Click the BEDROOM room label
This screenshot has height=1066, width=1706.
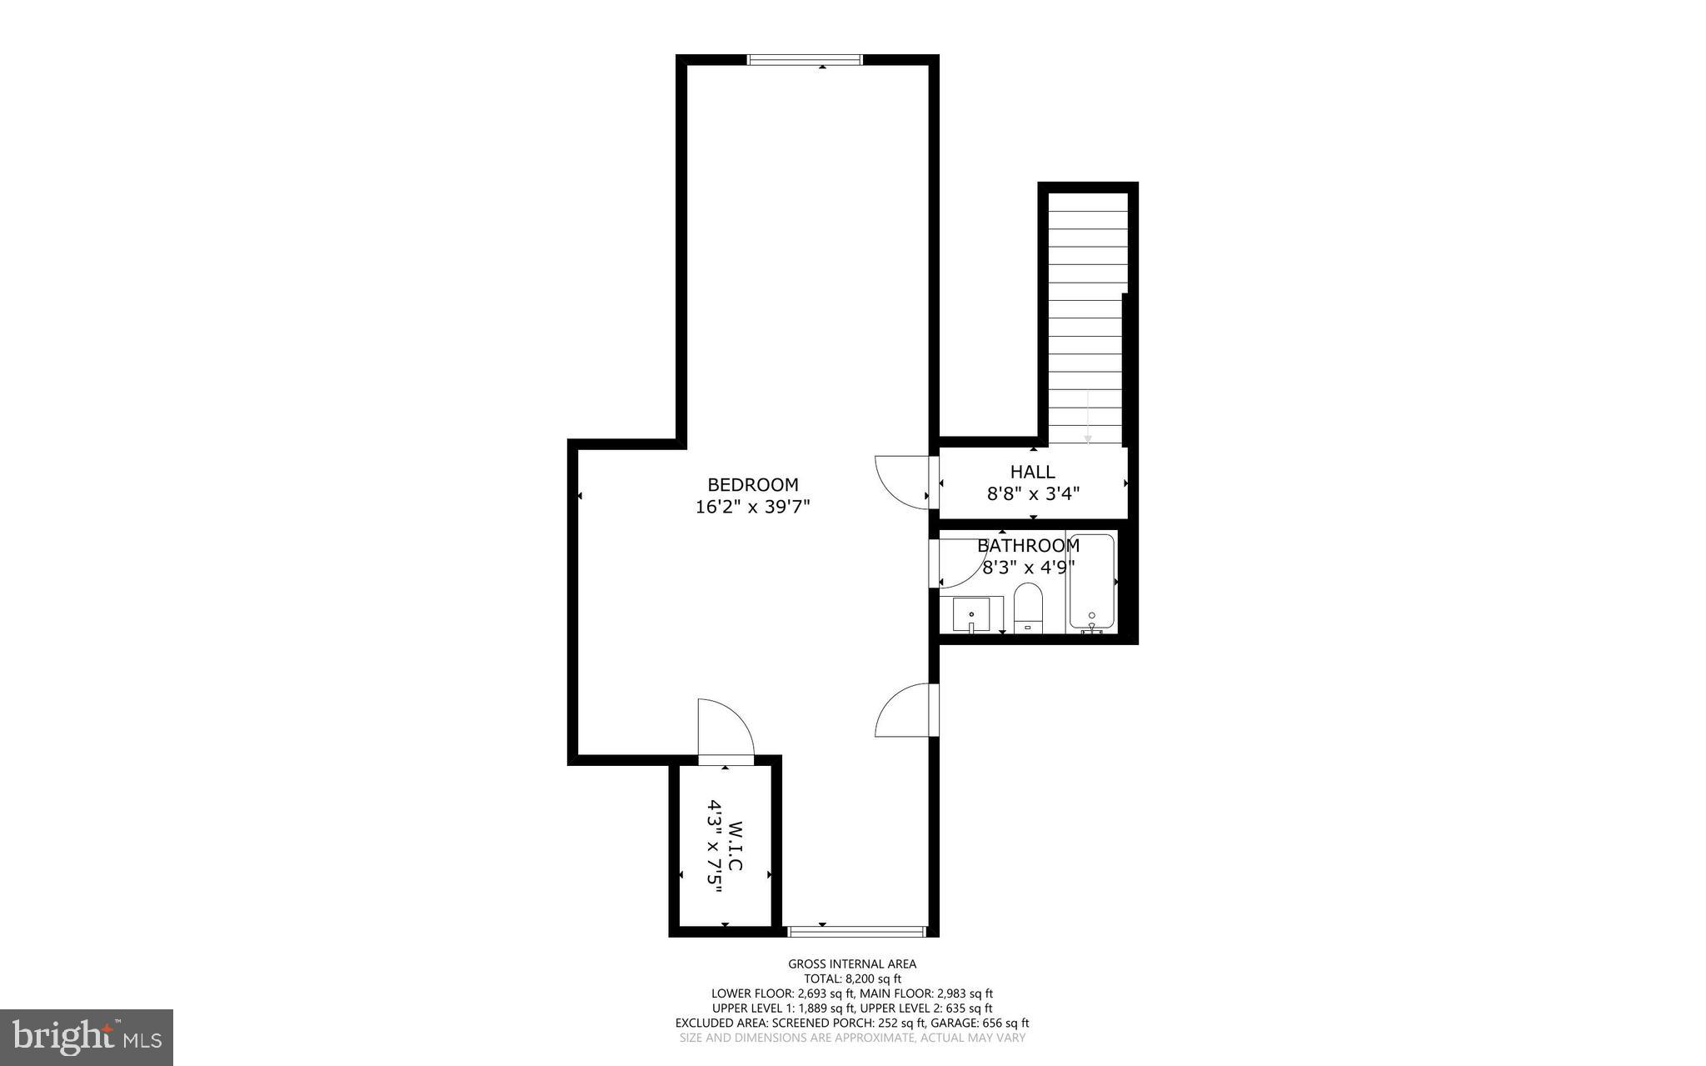[752, 484]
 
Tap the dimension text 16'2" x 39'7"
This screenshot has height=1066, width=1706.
[752, 507]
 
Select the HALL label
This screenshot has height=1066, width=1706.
[1032, 472]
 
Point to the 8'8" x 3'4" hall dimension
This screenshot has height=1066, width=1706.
[1033, 493]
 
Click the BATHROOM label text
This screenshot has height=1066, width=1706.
[1028, 546]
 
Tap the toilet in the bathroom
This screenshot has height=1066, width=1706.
[1028, 608]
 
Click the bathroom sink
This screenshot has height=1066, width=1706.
[971, 615]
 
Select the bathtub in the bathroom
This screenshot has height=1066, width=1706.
[1091, 581]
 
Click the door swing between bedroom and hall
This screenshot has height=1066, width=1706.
[901, 482]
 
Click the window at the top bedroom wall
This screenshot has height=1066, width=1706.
[804, 59]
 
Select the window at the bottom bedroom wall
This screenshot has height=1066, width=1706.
[856, 931]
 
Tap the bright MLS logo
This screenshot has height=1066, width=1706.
[87, 1038]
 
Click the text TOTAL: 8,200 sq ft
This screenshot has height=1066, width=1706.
[852, 978]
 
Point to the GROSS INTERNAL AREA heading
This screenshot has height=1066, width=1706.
[852, 963]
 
